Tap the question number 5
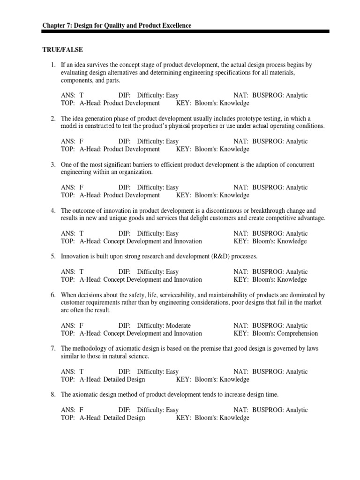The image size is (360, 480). click(53, 256)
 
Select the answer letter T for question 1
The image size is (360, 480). click(82, 95)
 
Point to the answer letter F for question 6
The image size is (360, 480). click(82, 325)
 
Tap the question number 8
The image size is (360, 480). click(53, 394)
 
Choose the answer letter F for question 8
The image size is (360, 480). click(82, 410)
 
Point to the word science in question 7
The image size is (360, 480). click(137, 356)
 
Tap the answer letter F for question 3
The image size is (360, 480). click(82, 187)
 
